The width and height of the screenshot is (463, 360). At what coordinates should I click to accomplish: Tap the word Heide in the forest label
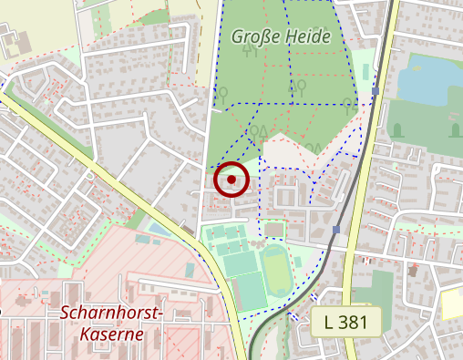(310, 36)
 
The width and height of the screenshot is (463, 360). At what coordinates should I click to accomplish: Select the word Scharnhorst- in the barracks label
(111, 314)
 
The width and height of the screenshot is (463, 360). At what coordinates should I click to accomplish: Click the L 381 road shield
(347, 322)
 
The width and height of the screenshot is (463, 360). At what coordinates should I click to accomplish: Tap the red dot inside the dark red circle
(231, 180)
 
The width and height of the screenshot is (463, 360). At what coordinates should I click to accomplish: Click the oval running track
(277, 270)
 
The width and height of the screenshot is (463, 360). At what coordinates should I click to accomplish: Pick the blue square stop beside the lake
(375, 91)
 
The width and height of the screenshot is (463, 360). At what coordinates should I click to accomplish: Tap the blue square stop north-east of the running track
(336, 230)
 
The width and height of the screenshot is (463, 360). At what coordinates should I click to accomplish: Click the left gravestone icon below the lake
(396, 130)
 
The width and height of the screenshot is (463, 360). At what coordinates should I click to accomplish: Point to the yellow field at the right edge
(452, 303)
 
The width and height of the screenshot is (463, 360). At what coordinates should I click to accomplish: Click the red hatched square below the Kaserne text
(182, 345)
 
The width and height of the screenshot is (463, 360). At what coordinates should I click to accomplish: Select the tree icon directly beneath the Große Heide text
(250, 51)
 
